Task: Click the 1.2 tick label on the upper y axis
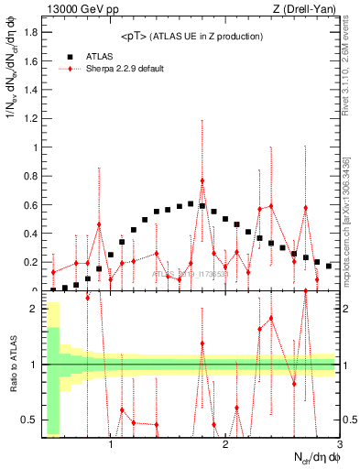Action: pyautogui.click(x=32, y=118)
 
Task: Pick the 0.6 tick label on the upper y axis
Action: pyautogui.click(x=32, y=204)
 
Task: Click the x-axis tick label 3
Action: pyautogui.click(x=340, y=447)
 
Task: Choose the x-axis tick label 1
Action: pyautogui.click(x=111, y=447)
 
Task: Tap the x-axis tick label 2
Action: pyautogui.click(x=225, y=447)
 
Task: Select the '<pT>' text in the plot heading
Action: pyautogui.click(x=137, y=36)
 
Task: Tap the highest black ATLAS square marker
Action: pyautogui.click(x=191, y=204)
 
